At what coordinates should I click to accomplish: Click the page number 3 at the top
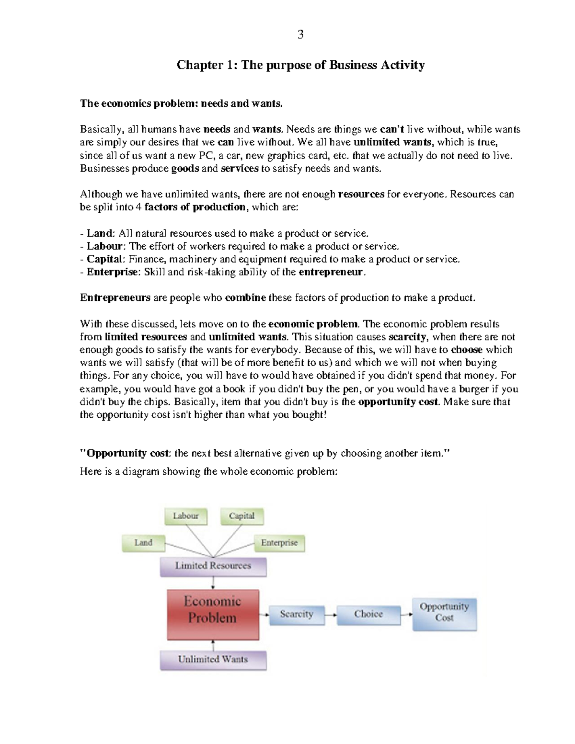[x=300, y=34]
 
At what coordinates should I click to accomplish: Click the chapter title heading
[x=300, y=65]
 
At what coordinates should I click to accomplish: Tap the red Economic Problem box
[x=213, y=615]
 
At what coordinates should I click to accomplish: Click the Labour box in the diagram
[x=186, y=516]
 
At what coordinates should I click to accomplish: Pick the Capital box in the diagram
[x=241, y=516]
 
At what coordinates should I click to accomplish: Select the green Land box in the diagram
[x=143, y=543]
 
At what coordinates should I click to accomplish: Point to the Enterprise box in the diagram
[x=279, y=543]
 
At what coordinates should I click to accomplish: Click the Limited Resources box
[x=213, y=566]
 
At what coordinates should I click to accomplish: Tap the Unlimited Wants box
[x=213, y=660]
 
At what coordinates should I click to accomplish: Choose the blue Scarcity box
[x=296, y=615]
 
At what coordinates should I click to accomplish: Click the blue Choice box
[x=368, y=615]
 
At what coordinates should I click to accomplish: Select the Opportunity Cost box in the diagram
[x=444, y=613]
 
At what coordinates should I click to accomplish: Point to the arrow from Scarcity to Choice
[x=331, y=615]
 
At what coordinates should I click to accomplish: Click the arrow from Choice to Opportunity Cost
[x=406, y=615]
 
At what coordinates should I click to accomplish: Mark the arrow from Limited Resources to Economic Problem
[x=213, y=583]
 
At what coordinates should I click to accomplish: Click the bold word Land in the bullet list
[x=99, y=233]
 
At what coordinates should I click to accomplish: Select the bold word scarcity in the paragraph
[x=407, y=337]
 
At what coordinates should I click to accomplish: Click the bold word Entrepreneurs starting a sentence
[x=115, y=298]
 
